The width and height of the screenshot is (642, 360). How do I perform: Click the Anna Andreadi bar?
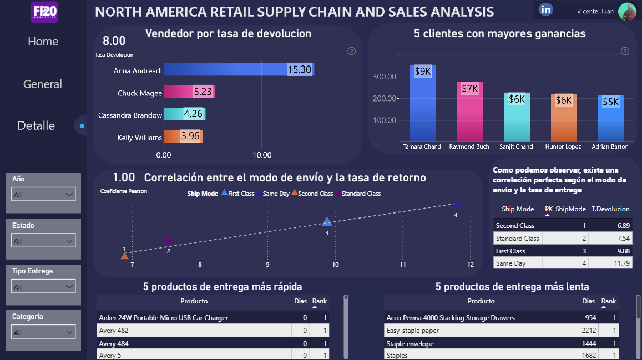(239, 69)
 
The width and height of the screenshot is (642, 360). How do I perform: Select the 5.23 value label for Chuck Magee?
(203, 91)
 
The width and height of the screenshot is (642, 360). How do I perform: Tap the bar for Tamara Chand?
(422, 103)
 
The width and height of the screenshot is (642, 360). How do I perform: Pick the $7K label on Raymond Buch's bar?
(469, 88)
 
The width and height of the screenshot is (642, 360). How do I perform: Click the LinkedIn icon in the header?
(546, 9)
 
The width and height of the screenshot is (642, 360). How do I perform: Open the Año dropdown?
(43, 195)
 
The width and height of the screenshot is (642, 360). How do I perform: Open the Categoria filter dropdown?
(43, 332)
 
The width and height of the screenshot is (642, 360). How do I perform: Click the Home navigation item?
(43, 41)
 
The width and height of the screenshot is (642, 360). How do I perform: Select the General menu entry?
(43, 84)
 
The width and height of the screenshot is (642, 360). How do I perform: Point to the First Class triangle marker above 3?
(327, 222)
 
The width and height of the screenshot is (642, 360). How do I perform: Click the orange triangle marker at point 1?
(124, 256)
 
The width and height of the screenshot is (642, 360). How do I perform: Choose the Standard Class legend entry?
(358, 194)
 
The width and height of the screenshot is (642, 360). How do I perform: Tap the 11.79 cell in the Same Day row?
(610, 263)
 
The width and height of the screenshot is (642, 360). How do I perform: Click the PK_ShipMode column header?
(565, 209)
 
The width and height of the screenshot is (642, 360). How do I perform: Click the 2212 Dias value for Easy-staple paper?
(589, 331)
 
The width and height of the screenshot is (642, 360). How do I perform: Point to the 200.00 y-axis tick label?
(384, 98)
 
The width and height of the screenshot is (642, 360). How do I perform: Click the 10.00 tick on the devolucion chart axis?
(262, 155)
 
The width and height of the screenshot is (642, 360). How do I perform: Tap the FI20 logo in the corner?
(44, 12)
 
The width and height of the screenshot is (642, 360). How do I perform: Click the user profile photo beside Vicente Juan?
(627, 12)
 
